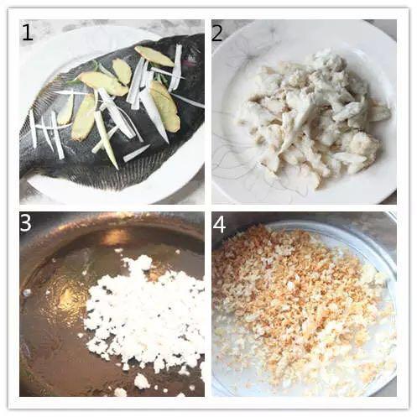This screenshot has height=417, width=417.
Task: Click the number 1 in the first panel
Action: coord(28,32)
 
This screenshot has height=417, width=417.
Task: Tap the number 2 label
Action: coord(217,32)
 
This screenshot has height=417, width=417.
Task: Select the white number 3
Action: coord(25,222)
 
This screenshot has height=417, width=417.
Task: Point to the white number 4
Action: coord(219,225)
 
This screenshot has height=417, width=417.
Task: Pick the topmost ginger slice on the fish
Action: coord(154,56)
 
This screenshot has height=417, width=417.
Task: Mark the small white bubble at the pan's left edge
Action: coord(27,293)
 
